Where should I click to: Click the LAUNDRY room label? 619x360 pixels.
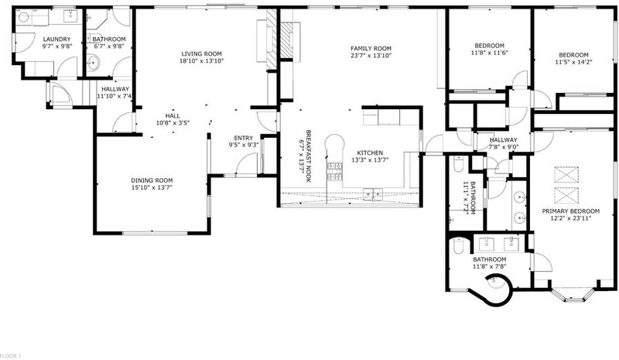[x=56, y=39]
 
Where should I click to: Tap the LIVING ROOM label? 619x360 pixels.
[x=202, y=53]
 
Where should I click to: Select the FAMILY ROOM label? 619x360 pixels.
[x=371, y=49]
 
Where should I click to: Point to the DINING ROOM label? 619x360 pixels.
[x=152, y=180]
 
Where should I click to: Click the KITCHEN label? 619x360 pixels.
[x=370, y=153]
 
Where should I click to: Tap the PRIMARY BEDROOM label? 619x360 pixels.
[x=570, y=211]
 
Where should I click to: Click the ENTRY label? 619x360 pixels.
[x=243, y=138]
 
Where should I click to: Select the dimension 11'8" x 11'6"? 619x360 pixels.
[x=489, y=53]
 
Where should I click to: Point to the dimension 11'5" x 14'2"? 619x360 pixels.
[x=573, y=62]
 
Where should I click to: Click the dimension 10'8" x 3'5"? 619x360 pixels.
[x=173, y=123]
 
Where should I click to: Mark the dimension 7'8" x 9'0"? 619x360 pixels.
[x=504, y=147]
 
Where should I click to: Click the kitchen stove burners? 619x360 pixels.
[x=334, y=172]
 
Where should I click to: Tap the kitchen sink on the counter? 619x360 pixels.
[x=373, y=194]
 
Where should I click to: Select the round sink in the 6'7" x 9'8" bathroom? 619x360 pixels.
[x=93, y=63]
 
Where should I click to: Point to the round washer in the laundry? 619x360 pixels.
[x=24, y=17]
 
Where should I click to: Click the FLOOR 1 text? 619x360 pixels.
[x=11, y=356]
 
